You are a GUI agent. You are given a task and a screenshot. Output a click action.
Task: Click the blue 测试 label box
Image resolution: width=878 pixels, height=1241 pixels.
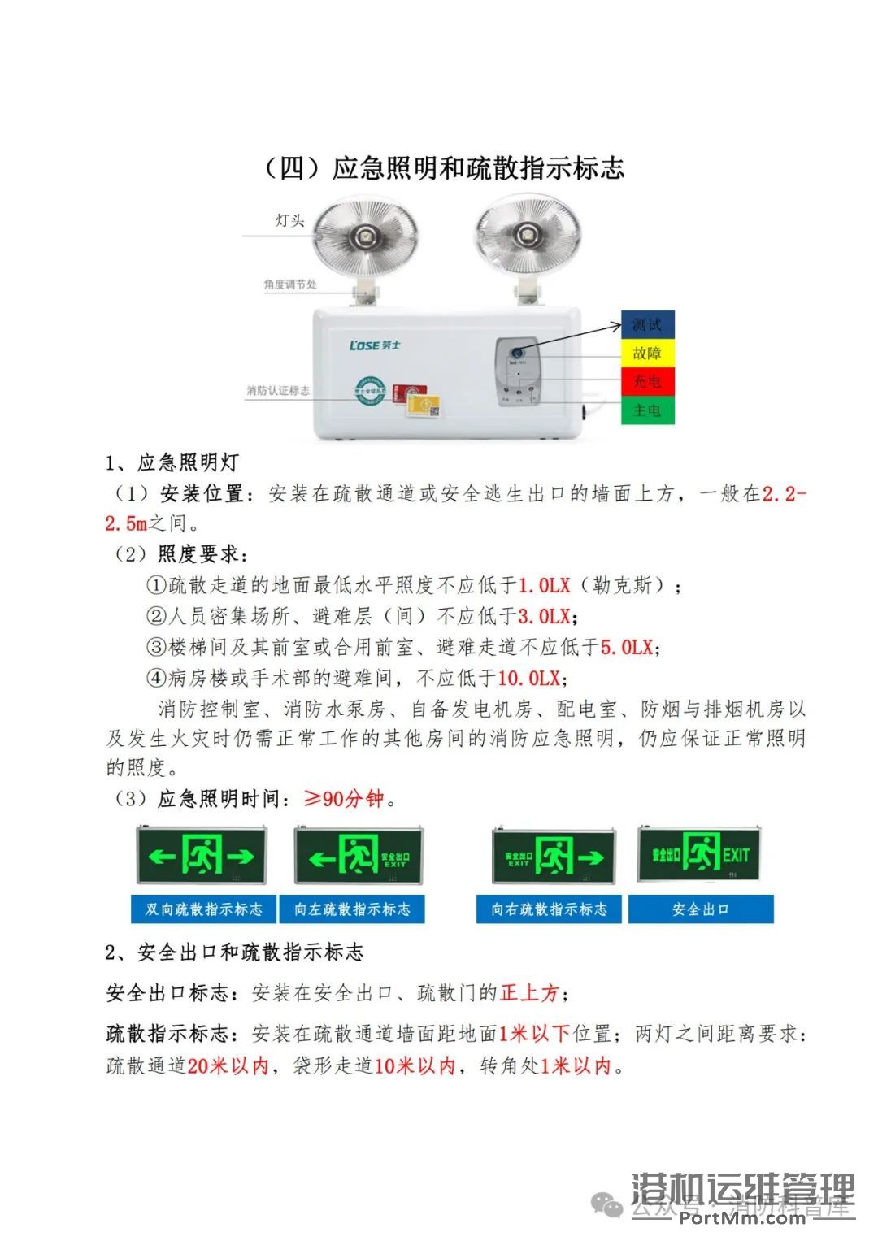[x=647, y=325]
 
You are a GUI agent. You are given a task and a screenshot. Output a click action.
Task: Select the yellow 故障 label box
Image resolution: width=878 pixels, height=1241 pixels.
[x=647, y=354]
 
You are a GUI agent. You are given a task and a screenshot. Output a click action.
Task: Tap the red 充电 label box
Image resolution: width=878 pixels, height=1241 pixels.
[x=647, y=381]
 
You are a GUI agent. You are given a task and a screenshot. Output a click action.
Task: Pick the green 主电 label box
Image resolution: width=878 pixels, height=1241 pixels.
[x=647, y=410]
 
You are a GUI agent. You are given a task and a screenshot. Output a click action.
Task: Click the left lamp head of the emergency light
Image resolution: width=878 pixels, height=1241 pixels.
[x=366, y=236]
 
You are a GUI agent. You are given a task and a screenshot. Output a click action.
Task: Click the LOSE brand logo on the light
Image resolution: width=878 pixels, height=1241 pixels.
[x=375, y=345]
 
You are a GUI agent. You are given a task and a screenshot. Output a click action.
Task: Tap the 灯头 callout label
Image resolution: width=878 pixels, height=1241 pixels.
[x=289, y=221]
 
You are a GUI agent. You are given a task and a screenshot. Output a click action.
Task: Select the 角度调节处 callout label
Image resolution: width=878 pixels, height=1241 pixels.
[x=290, y=285]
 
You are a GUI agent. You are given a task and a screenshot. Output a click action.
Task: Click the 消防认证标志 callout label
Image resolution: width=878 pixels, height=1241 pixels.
[x=279, y=391]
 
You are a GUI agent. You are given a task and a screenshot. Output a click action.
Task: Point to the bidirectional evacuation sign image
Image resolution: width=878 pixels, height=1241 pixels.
[x=202, y=855]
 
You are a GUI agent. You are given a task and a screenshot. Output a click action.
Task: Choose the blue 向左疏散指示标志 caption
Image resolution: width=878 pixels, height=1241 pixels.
[x=352, y=909]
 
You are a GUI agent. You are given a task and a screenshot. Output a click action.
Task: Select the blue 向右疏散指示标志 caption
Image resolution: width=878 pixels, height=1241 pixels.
[x=549, y=909]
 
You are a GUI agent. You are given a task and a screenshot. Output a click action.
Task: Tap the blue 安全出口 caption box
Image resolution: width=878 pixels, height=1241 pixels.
[x=701, y=909]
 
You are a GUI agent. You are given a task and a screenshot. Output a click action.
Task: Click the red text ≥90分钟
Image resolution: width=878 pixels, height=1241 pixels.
[x=343, y=799]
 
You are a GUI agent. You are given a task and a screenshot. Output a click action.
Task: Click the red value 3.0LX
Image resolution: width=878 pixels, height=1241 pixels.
[x=545, y=616]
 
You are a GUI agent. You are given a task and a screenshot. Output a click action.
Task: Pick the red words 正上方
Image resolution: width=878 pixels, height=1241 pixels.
[x=529, y=992]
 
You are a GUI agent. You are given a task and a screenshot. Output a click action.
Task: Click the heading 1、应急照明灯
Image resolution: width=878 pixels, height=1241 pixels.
[x=172, y=463]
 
